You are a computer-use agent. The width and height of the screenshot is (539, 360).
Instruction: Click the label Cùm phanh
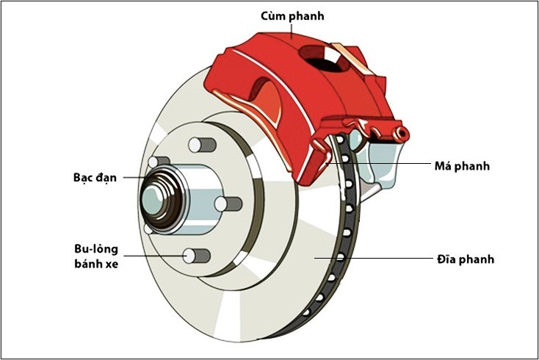coord(292,15)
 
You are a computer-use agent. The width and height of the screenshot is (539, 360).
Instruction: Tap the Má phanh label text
coord(460,166)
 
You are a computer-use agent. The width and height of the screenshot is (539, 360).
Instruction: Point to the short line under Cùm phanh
coord(292,29)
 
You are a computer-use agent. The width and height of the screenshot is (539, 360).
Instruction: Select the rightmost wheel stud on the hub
coord(230,204)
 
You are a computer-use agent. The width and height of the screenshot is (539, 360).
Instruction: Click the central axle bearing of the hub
coord(156,198)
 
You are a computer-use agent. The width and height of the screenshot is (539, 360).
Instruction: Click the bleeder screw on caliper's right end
coord(401,133)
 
